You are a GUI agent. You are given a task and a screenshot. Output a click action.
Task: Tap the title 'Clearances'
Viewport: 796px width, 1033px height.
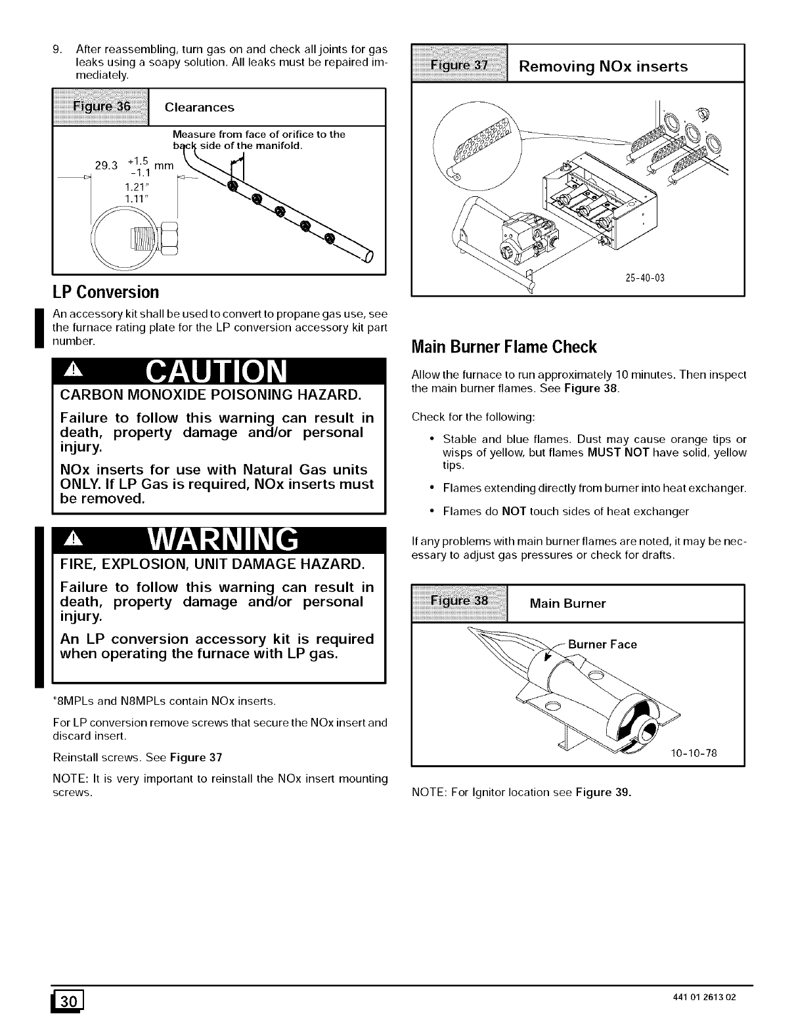click(199, 107)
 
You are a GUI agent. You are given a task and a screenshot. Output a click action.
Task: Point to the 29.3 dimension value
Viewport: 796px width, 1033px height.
click(106, 165)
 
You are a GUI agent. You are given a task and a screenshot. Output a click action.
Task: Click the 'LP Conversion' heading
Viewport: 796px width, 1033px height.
click(105, 291)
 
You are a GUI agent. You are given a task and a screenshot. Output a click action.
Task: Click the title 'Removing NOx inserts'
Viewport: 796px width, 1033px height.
click(604, 66)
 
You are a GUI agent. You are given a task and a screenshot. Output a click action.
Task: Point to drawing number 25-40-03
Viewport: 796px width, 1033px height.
click(646, 278)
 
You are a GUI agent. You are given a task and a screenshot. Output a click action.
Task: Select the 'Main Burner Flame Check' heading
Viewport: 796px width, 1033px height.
click(504, 346)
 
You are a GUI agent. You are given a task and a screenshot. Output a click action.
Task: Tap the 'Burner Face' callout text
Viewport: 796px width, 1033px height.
click(602, 644)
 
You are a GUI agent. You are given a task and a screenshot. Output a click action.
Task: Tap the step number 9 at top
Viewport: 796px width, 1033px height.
click(56, 49)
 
